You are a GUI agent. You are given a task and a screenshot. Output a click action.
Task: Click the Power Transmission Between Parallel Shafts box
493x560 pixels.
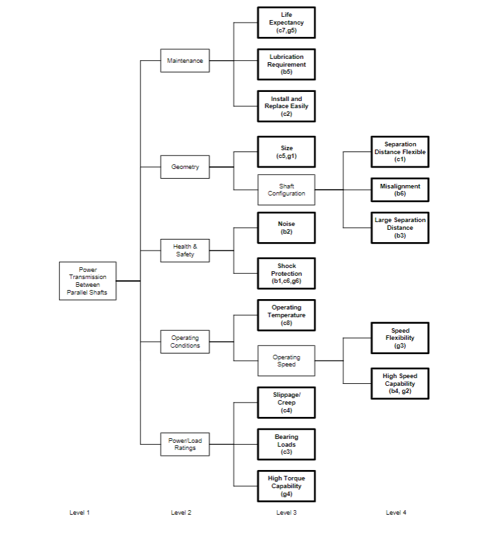87,281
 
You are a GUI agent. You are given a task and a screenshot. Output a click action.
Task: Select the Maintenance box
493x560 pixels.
185,61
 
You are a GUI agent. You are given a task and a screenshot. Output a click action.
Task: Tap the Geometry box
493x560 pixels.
185,167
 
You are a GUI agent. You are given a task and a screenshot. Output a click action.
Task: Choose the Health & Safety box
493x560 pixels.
185,250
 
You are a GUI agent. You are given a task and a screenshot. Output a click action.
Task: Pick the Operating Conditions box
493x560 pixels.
185,342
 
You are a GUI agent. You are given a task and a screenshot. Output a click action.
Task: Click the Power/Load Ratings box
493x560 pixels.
185,445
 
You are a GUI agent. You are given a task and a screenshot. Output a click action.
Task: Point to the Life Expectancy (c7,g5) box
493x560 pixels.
286,23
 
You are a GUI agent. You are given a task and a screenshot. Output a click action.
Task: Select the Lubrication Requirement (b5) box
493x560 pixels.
286,64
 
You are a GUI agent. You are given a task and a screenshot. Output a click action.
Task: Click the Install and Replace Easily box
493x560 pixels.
286,106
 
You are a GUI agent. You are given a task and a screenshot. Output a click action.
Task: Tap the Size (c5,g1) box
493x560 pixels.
286,152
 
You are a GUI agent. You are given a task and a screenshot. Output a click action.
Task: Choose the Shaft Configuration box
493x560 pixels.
286,190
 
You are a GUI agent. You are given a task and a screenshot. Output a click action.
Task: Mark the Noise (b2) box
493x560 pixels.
286,228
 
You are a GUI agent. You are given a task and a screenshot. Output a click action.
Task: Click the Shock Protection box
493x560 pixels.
286,274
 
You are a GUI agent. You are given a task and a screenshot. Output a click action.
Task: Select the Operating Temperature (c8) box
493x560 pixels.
286,315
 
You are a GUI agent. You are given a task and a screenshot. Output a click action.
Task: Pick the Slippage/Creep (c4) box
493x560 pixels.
286,403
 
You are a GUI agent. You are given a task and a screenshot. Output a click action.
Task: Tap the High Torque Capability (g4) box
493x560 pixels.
286,486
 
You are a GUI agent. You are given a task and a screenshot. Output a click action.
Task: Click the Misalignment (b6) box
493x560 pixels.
400,190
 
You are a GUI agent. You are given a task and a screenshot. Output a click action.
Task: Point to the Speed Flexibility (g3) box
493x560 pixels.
400,338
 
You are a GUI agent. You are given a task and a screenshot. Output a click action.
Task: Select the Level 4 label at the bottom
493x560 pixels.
396,513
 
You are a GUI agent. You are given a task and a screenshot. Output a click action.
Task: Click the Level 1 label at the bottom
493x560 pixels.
80,513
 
